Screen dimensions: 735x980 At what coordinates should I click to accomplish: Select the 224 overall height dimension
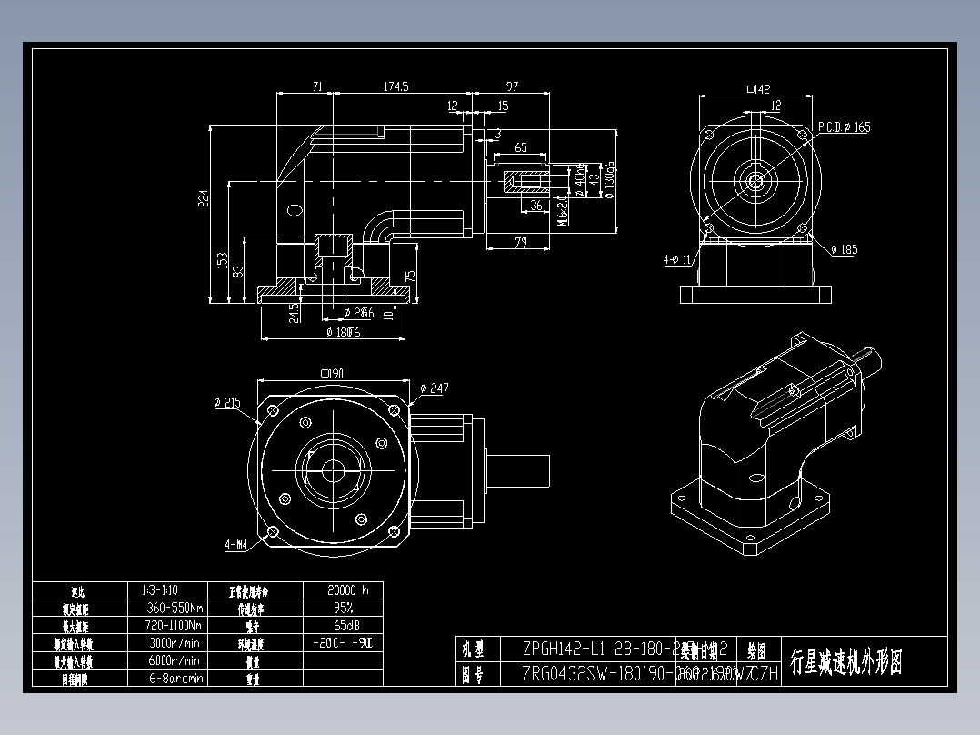pos(205,198)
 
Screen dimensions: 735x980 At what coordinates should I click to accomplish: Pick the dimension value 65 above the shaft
pos(521,147)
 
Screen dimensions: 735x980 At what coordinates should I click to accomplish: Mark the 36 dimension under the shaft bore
pos(535,206)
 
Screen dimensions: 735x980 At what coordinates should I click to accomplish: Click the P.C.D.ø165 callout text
pos(843,127)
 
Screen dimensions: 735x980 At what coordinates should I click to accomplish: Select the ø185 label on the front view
pos(844,249)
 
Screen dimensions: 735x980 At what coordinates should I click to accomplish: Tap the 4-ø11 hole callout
pos(678,260)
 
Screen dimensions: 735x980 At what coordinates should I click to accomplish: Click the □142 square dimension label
pos(757,89)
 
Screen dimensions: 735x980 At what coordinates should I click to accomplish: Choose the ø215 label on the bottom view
pos(227,403)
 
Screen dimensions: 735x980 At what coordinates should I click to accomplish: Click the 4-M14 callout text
pos(236,546)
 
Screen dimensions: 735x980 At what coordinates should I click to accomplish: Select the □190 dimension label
pos(330,373)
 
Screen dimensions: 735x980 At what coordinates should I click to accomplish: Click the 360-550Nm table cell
pos(174,608)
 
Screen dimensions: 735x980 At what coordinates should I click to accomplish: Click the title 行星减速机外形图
pos(845,662)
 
